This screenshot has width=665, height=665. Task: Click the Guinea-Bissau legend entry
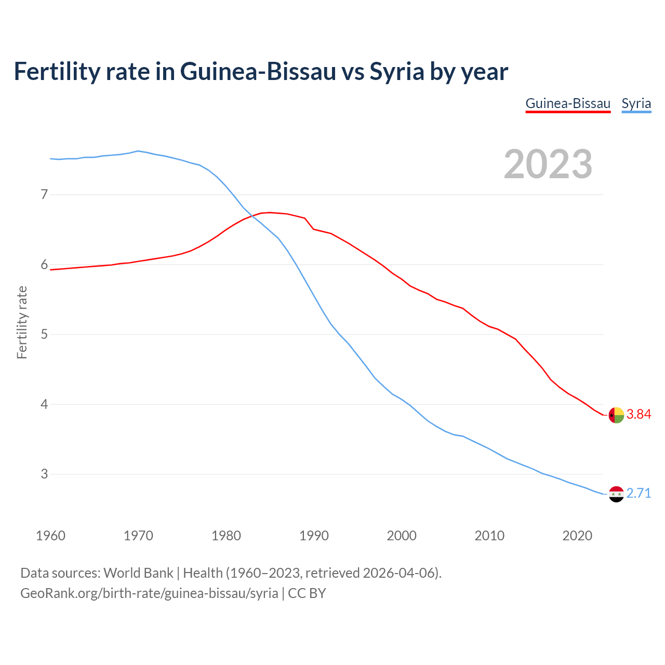568,103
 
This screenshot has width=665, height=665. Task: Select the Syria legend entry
636,103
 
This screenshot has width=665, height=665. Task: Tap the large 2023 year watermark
548,164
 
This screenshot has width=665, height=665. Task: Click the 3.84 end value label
639,414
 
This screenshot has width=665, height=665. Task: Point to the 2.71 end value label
639,493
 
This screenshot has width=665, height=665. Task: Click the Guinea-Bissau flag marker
616,415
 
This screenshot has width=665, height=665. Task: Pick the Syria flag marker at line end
616,494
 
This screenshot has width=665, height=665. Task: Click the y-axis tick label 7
44,195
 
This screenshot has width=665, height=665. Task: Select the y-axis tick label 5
44,335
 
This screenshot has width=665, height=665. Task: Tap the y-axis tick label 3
44,474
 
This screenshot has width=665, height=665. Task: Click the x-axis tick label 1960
50,536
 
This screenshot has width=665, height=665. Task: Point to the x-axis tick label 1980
226,536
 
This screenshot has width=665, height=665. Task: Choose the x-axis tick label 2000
402,536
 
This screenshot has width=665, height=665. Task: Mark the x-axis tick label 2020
577,536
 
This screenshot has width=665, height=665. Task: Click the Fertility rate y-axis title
22,322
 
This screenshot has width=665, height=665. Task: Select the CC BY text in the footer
307,593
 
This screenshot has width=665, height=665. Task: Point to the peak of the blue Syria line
138,151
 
